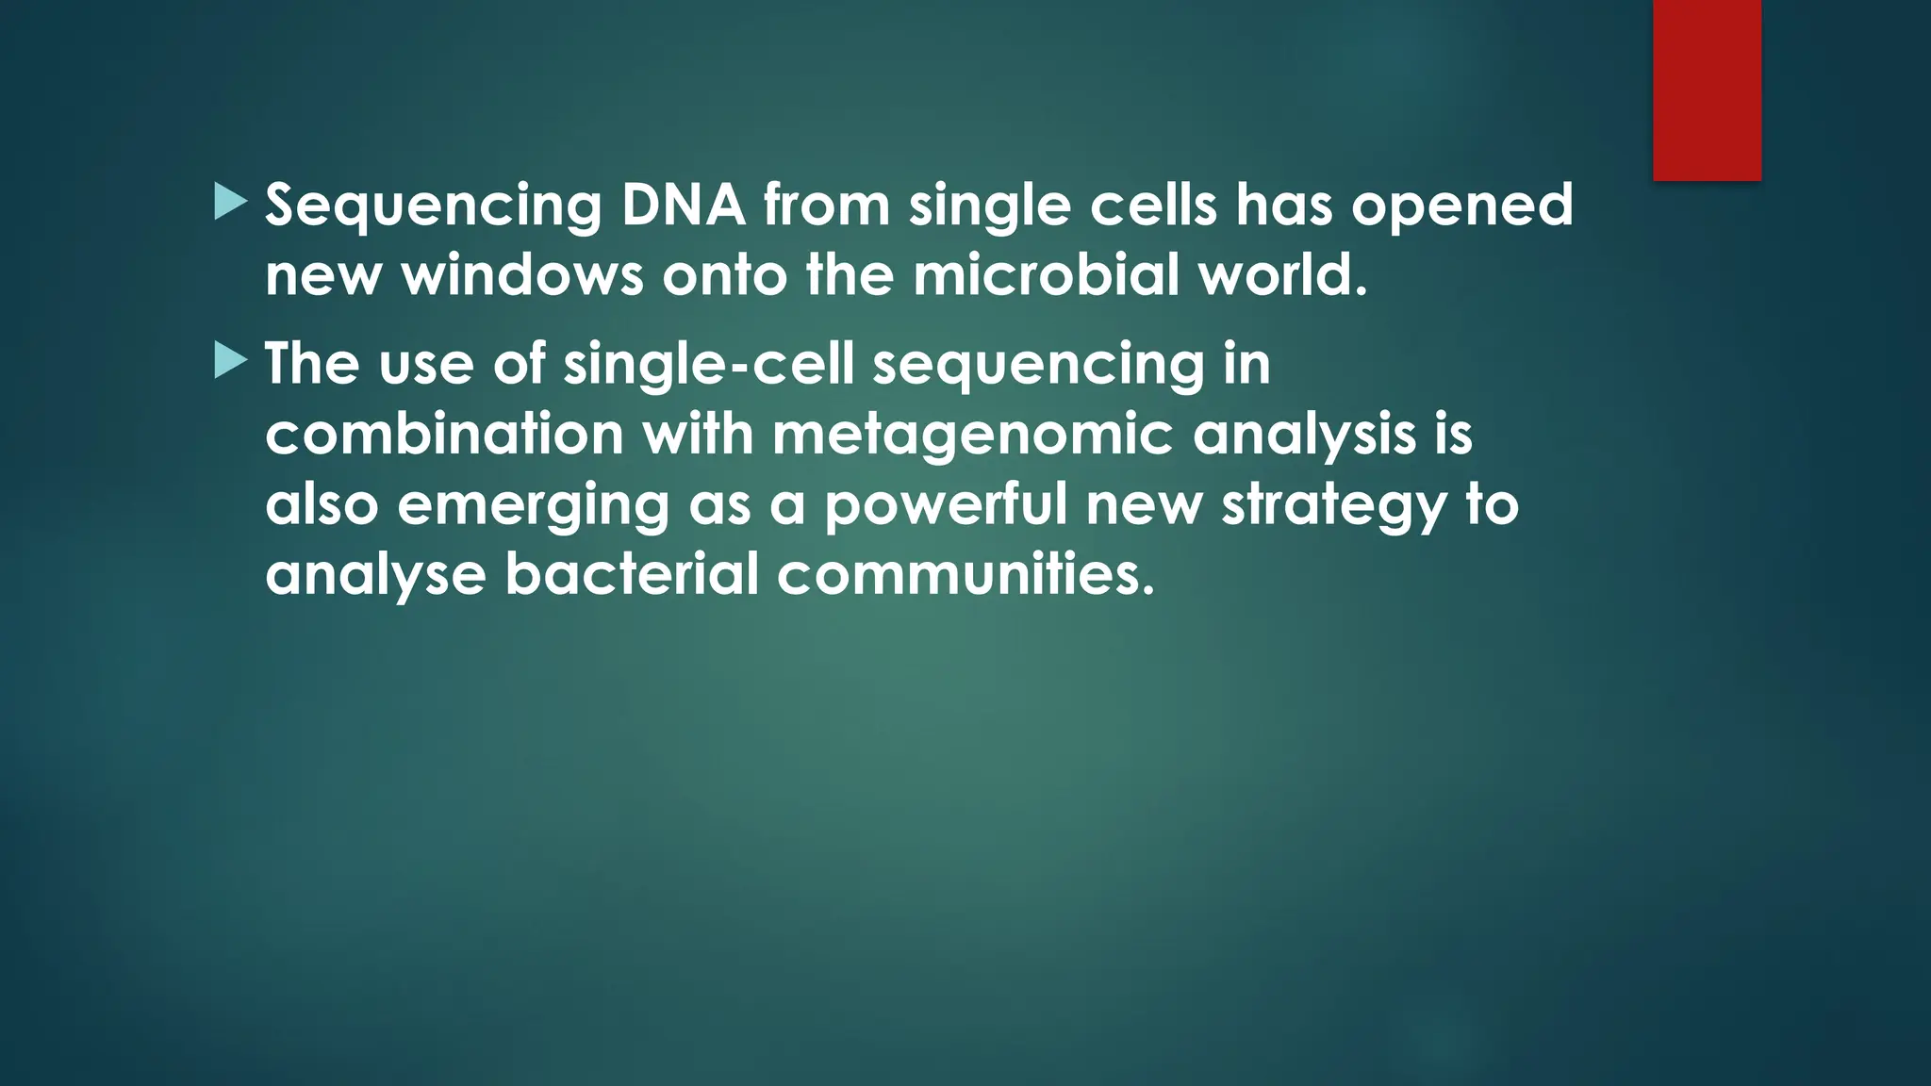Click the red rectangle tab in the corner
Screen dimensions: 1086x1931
[1707, 90]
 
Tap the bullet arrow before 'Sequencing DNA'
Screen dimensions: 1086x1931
[230, 202]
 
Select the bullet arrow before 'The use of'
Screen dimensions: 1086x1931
[230, 361]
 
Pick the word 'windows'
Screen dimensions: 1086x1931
[522, 275]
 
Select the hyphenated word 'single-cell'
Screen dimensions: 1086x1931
[708, 365]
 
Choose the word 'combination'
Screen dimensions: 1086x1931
[444, 435]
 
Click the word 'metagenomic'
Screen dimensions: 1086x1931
[972, 436]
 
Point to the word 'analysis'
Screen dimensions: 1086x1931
[1304, 436]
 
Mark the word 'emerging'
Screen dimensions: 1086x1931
[533, 507]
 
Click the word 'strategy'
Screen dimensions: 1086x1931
[1333, 507]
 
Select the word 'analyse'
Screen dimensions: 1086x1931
[375, 575]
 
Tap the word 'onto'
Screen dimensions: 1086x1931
[724, 275]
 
